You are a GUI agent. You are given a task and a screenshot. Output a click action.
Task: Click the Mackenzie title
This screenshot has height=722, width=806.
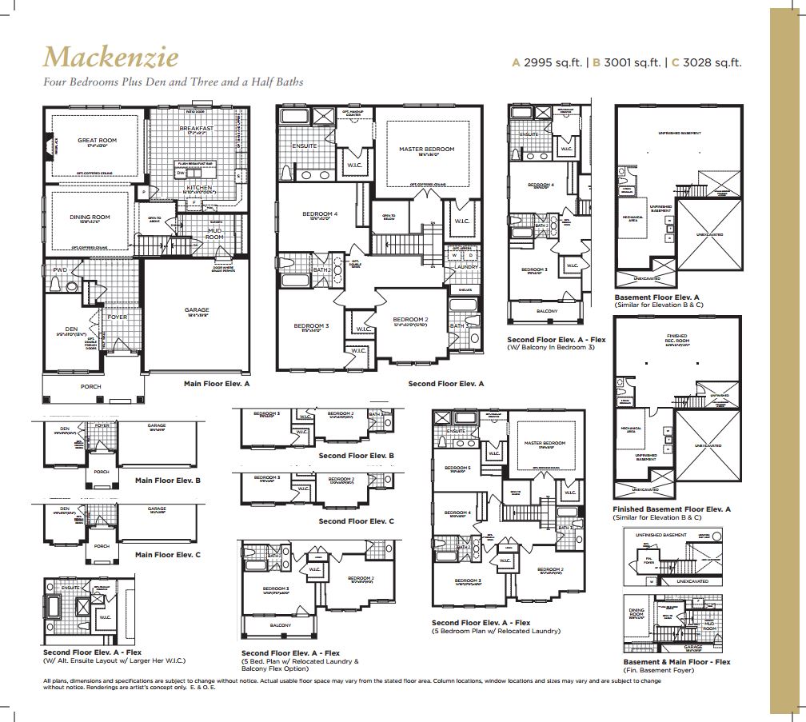110,57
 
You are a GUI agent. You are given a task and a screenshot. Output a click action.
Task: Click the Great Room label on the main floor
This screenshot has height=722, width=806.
97,141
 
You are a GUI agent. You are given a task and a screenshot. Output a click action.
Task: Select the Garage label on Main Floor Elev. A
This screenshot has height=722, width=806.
197,309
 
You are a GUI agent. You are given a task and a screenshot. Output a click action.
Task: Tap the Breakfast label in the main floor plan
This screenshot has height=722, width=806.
195,128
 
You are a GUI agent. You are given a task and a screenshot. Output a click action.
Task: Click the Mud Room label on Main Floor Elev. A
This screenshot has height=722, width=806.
215,233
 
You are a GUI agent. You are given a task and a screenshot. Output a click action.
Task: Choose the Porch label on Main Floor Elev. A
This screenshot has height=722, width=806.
91,386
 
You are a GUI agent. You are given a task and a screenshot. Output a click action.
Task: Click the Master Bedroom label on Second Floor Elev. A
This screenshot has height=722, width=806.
426,150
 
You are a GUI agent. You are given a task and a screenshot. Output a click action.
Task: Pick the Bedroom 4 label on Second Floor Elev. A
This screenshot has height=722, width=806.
319,213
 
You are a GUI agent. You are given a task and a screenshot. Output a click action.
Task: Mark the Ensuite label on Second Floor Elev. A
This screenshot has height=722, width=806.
305,146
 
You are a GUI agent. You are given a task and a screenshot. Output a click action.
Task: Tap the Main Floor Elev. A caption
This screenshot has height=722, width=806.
217,384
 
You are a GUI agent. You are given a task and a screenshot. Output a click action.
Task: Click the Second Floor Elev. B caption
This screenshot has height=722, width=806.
356,456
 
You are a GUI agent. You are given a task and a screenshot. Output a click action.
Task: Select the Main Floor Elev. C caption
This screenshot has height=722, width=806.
167,554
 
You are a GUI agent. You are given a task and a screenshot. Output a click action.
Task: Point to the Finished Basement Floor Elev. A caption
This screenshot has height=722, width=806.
671,509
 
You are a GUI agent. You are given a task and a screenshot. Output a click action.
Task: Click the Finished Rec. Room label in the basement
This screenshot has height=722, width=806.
676,340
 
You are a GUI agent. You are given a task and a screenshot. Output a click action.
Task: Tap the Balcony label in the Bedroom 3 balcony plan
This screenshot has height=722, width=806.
546,310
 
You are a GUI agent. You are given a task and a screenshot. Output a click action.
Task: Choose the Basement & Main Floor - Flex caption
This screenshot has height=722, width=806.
676,662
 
